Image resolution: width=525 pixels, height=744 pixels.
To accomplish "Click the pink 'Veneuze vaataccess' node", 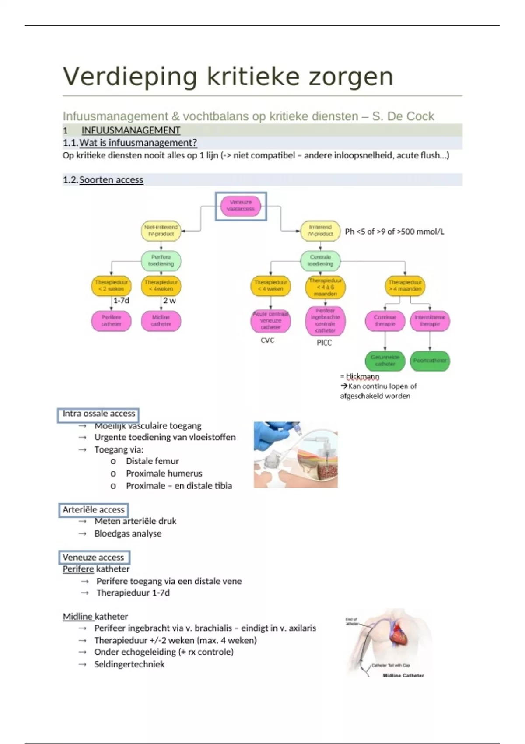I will pos(241,206).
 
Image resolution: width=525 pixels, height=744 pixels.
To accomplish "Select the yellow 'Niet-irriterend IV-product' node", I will pos(161,231).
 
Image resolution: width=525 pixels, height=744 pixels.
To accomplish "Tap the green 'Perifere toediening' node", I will pos(161,260).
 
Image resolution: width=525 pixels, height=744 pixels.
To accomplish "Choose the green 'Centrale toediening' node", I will pos(320,260).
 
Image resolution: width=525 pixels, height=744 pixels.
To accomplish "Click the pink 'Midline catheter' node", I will pos(161,321).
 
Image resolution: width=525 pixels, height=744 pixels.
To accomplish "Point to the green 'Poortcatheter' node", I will pos(430,361).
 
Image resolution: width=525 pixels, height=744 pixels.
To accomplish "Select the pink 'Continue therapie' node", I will pos(385,321).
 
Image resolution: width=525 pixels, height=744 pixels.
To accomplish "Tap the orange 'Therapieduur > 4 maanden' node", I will pos(405,286).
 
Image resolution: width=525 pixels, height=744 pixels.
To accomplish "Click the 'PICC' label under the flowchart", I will pos(324,343).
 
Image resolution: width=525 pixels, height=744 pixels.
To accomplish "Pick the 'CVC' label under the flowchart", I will pos(267,340).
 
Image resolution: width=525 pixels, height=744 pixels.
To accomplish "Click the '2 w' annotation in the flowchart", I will pos(169,301).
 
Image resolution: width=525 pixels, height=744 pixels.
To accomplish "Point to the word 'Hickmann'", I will pos(362,376).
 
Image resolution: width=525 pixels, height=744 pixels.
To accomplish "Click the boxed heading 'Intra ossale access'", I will pos(98,414).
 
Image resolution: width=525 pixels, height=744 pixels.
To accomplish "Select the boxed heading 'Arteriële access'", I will pos(93,510).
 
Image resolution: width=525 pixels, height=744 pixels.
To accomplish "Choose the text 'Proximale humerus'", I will pos(164,474).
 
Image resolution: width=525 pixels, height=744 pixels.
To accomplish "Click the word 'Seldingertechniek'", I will pos(129,664).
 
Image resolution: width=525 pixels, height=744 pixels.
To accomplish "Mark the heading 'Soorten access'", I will pos(111,180).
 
